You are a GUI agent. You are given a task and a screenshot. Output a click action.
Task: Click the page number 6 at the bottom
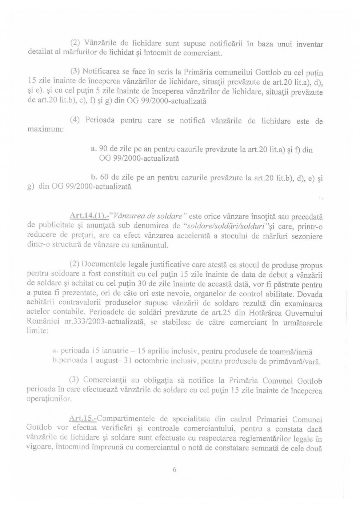pos(175,469)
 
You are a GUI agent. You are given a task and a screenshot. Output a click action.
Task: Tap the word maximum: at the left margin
pos(46,129)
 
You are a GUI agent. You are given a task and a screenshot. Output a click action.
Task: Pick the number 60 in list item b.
pos(104,177)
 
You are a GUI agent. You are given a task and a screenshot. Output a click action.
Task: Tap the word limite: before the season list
pos(37,331)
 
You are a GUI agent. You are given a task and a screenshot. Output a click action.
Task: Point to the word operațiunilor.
pos(49,400)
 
